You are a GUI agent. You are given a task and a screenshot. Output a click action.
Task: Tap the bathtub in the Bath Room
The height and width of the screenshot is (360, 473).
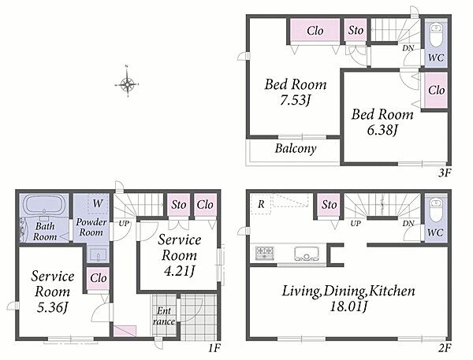click(x=45, y=205)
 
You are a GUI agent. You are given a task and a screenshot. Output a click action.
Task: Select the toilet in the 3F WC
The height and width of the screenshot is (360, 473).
click(x=436, y=34)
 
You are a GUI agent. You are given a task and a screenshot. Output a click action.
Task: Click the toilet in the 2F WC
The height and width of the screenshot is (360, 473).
click(x=436, y=209)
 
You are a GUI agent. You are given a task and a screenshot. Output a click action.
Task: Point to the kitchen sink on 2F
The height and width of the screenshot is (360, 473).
click(x=307, y=254)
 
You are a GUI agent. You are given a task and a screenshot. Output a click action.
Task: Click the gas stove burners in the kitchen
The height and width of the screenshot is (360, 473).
click(x=265, y=253)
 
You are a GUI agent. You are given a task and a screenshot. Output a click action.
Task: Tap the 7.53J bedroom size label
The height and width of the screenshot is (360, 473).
click(x=296, y=100)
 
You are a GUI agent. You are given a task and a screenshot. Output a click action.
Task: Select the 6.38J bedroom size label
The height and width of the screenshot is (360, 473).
click(x=382, y=130)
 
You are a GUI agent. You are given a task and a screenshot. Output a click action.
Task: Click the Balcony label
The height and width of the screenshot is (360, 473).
click(x=296, y=148)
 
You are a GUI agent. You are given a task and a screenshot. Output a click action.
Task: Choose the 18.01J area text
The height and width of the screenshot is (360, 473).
click(x=348, y=307)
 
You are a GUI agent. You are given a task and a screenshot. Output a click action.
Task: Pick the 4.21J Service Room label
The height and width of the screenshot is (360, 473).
click(x=179, y=271)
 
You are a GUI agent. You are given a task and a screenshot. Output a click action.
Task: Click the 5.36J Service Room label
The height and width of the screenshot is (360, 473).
click(x=53, y=307)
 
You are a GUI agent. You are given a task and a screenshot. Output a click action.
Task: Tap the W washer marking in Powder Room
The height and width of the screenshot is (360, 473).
click(x=98, y=203)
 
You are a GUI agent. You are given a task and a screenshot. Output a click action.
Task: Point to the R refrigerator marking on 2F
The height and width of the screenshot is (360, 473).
click(x=261, y=205)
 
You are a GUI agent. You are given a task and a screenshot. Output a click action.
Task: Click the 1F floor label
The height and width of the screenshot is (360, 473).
click(x=214, y=348)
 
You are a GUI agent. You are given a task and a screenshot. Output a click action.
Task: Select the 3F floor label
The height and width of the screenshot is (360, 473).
click(x=444, y=173)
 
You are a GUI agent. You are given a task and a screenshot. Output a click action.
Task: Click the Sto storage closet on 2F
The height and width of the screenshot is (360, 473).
click(x=329, y=205)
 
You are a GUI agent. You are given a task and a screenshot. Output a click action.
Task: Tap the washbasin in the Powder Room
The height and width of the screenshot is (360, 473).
click(x=99, y=254)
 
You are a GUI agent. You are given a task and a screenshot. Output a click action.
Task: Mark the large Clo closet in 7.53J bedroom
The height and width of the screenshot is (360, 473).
click(x=315, y=31)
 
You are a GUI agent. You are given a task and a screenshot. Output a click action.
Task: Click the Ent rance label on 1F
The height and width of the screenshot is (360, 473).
click(x=164, y=316)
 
